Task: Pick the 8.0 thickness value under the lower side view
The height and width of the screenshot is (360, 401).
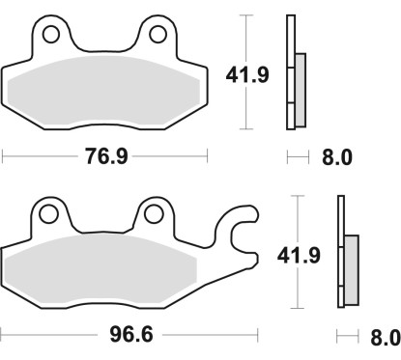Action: click(x=384, y=338)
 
